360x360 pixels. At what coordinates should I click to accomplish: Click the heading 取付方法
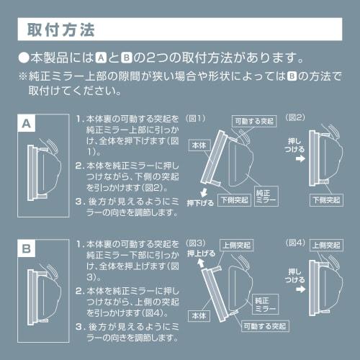tap(61, 30)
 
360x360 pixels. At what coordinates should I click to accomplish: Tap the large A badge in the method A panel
tap(27, 123)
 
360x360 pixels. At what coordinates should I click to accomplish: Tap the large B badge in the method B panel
tap(27, 248)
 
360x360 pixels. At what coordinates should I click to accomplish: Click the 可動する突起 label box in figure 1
tap(254, 121)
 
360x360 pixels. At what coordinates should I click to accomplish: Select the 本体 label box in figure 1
tap(199, 145)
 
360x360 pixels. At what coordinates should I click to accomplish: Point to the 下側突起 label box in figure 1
tap(234, 200)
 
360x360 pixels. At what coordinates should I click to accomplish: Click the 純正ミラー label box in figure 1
tap(266, 196)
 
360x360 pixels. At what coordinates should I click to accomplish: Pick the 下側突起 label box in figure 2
tap(326, 200)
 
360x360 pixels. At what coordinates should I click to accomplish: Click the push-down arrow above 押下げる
tap(204, 192)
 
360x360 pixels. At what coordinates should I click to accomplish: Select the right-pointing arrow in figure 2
tap(300, 158)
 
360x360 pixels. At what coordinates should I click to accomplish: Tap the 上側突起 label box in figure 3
tap(237, 246)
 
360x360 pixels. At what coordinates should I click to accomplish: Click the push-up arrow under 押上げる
tap(201, 264)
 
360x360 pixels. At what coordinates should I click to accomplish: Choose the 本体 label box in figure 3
tap(199, 316)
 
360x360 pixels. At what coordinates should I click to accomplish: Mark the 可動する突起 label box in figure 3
tap(265, 326)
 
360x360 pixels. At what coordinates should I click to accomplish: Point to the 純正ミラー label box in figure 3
tap(266, 304)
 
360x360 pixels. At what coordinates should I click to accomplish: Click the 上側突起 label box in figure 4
tap(326, 246)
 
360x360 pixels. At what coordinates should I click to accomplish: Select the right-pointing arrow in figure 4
tap(300, 289)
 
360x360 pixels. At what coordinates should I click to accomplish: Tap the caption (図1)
tap(196, 118)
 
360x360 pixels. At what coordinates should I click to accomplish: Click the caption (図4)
tap(295, 243)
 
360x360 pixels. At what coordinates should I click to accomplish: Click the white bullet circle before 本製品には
tap(24, 58)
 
